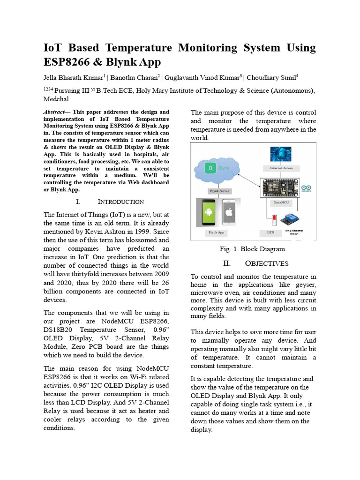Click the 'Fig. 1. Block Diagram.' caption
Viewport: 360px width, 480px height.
(x=253, y=249)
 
